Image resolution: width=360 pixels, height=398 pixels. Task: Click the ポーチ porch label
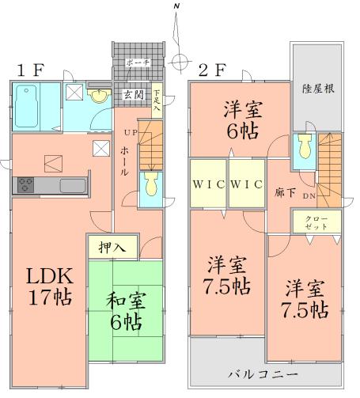(x=138, y=63)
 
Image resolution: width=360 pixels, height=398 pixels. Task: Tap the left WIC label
(x=208, y=185)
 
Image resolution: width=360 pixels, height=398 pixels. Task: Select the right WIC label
(x=247, y=185)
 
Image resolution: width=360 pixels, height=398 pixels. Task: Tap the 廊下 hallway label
(x=280, y=191)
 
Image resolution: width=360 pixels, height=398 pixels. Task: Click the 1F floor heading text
(x=28, y=70)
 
